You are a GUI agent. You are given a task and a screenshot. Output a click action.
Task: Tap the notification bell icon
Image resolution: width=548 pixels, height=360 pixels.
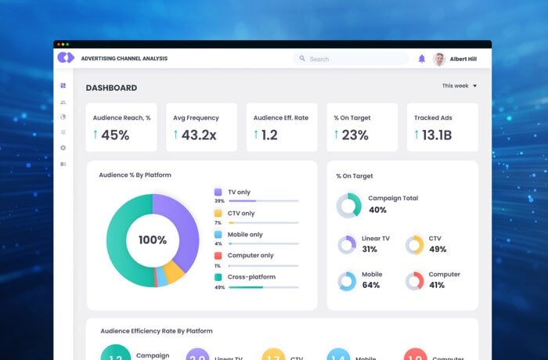click(x=422, y=59)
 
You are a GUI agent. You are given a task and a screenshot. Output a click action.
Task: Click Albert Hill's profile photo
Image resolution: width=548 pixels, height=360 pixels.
click(x=439, y=59)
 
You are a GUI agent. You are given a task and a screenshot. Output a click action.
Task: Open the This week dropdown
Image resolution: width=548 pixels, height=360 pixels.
click(x=460, y=86)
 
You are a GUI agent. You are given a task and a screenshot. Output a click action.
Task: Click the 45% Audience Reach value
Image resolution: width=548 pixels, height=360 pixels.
click(x=114, y=135)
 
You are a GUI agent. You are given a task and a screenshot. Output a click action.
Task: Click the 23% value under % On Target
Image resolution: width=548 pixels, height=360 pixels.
click(x=355, y=135)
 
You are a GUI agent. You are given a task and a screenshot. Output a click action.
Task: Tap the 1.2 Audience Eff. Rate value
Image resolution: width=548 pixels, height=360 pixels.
click(x=269, y=135)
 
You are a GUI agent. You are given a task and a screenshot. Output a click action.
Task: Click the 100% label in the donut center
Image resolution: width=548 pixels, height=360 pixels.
click(x=153, y=240)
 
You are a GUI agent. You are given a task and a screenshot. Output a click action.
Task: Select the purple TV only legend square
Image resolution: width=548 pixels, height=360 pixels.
click(x=218, y=192)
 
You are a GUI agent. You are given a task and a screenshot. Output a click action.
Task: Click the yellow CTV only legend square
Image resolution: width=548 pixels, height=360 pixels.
click(x=218, y=213)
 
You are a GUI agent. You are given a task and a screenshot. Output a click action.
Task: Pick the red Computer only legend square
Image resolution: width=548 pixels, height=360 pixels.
click(x=218, y=255)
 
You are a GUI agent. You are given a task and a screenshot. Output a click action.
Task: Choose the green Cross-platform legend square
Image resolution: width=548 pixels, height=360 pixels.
click(x=218, y=277)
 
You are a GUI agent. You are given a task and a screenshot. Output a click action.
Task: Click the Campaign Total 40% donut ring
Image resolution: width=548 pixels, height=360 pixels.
click(x=348, y=205)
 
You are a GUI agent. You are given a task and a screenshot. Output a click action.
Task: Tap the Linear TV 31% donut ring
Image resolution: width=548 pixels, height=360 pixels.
click(x=347, y=244)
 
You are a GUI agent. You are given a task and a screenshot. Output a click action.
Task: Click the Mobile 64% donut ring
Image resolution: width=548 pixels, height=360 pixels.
click(x=347, y=281)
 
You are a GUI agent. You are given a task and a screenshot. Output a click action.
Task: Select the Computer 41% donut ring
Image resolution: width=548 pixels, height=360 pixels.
click(x=415, y=281)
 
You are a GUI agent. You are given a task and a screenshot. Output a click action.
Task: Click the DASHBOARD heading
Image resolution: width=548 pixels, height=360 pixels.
click(x=111, y=88)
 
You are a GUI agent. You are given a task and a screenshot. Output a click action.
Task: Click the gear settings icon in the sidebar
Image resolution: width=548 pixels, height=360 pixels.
click(x=63, y=148)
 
